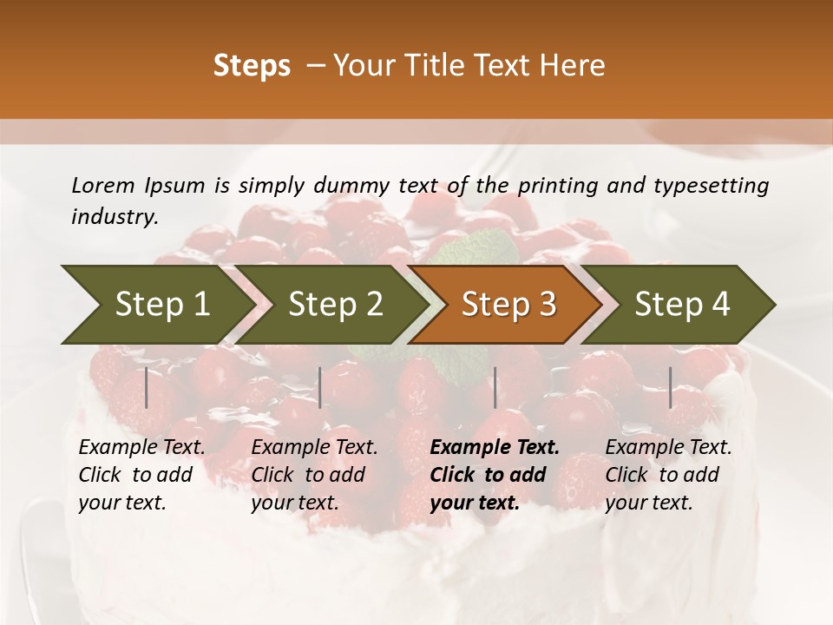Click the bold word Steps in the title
coord(252,66)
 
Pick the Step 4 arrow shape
coord(681,305)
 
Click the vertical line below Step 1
coord(147,387)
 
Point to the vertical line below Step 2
coord(320,387)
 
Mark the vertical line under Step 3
coord(495,387)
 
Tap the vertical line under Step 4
coord(671,387)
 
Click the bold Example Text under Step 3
coord(495,475)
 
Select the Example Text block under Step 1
coord(141,475)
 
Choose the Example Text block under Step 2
coord(314,475)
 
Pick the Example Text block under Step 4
coord(668,475)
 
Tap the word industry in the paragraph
coord(114,217)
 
